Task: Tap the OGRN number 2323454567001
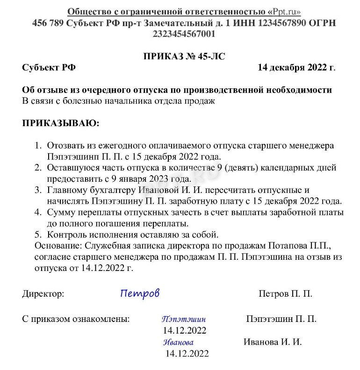tap(184, 34)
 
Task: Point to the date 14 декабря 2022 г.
tap(296, 67)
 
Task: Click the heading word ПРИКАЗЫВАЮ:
tap(60, 123)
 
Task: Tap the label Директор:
tap(43, 294)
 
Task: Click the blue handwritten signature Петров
tap(140, 293)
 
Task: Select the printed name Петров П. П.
tap(285, 294)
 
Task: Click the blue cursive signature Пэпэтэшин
tap(184, 320)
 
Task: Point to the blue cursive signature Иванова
tap(178, 342)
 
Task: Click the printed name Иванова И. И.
tap(273, 342)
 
